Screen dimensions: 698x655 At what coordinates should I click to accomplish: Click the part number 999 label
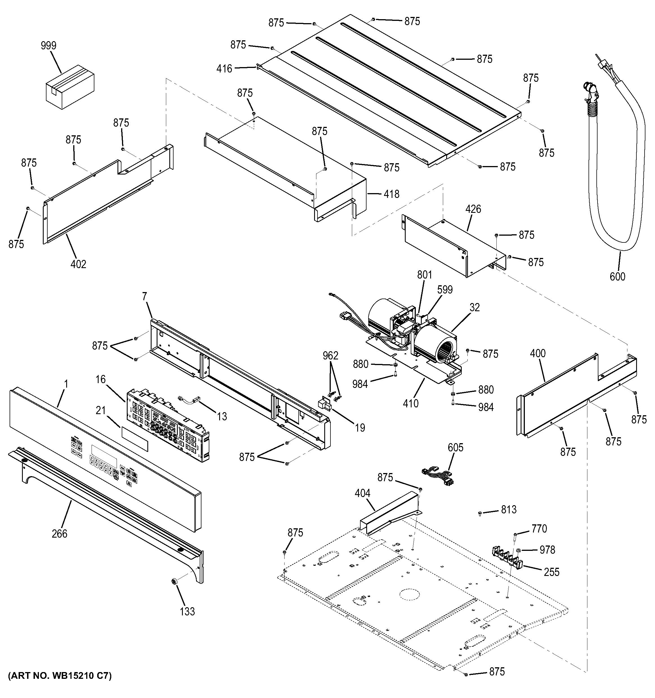(x=48, y=46)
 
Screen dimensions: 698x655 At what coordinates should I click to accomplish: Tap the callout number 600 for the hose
(x=617, y=277)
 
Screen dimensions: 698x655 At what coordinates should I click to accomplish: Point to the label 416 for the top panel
(x=224, y=69)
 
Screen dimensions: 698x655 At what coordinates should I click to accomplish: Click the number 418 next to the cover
(x=392, y=194)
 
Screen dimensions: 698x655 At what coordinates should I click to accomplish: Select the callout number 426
(x=473, y=209)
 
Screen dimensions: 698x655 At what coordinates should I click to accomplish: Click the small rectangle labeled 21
(x=135, y=439)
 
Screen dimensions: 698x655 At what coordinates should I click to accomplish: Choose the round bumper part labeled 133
(x=173, y=582)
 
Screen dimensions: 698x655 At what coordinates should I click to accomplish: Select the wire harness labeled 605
(x=439, y=476)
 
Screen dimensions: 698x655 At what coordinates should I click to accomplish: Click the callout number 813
(x=509, y=509)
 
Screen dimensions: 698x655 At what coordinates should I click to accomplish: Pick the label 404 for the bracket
(x=362, y=493)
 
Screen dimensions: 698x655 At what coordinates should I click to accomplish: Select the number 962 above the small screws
(x=330, y=356)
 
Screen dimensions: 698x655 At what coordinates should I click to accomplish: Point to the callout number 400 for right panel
(x=538, y=353)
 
